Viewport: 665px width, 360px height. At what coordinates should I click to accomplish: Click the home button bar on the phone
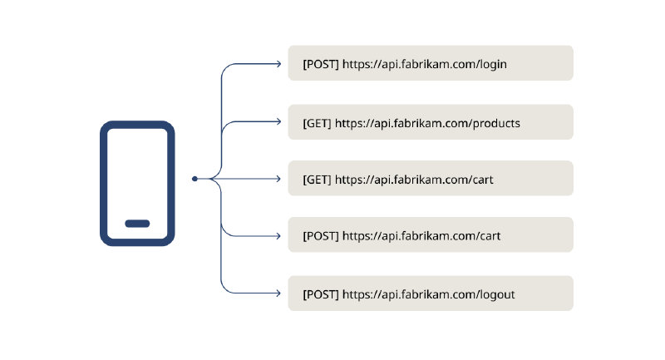[x=137, y=223]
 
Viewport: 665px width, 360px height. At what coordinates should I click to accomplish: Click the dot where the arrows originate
[x=195, y=179]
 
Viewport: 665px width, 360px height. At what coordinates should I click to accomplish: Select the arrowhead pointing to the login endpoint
[x=279, y=63]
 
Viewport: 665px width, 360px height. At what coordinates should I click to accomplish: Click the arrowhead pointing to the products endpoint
[x=279, y=122]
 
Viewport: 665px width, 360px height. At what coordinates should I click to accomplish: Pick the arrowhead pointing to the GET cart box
[x=279, y=179]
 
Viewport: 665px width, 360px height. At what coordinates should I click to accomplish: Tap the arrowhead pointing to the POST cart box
[x=279, y=235]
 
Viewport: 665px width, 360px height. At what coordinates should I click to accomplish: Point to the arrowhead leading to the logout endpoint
[x=279, y=293]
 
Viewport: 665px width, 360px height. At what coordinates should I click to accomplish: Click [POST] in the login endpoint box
[x=320, y=64]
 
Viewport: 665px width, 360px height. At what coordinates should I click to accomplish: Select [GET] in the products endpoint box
[x=317, y=123]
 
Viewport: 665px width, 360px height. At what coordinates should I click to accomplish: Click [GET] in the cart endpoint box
[x=317, y=180]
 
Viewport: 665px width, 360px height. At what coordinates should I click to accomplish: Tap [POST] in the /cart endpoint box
[x=320, y=236]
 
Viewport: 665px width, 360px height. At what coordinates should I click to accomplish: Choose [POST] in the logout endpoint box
[x=320, y=294]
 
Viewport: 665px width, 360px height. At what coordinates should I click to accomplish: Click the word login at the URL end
[x=493, y=64]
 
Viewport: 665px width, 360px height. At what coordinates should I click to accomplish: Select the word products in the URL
[x=495, y=123]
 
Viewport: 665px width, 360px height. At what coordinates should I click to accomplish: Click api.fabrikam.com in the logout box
[x=425, y=294]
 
